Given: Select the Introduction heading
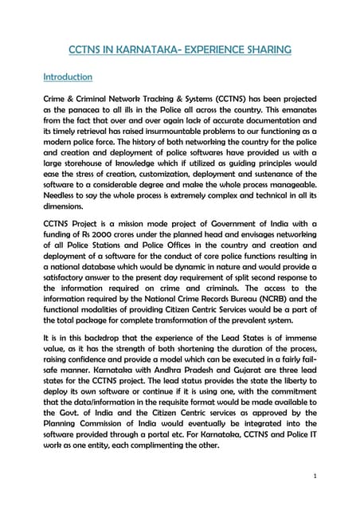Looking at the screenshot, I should pyautogui.click(x=68, y=77).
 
